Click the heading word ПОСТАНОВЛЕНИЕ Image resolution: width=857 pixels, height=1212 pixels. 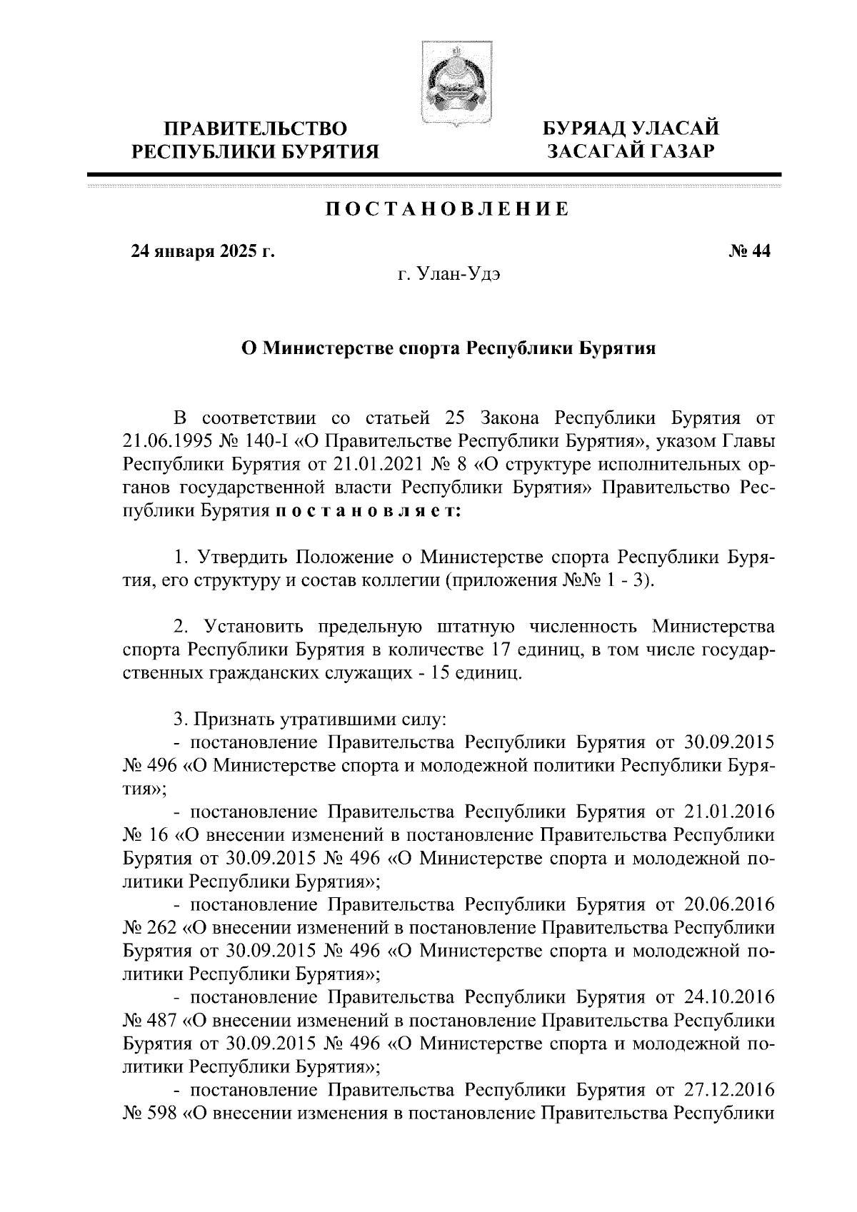click(x=448, y=209)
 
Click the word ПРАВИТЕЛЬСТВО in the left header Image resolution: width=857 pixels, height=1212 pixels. click(x=256, y=128)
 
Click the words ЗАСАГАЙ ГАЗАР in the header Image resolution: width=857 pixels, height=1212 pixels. click(x=631, y=151)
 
